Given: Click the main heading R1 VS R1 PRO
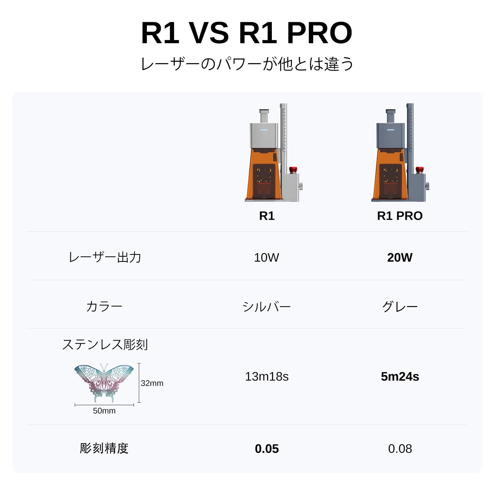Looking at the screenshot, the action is pos(247,33).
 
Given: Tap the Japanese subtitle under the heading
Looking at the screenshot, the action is pos(247,64).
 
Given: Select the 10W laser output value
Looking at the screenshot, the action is pos(267,258).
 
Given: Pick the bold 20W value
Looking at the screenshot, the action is pos(400,258).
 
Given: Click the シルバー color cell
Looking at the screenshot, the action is pos(267,307).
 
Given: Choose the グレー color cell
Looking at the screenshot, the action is pos(400,307).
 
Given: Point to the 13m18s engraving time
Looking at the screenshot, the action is pos(267,377).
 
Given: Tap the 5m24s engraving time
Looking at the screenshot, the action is pos(400,377).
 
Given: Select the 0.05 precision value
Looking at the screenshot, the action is pos(267,449).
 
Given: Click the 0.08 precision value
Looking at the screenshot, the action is pos(400,449).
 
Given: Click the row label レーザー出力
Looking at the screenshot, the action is pos(105,257).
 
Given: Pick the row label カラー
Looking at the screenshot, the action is pos(104,307).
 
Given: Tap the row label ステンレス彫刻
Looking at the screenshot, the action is pos(105,344).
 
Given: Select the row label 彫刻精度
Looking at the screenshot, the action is pos(104,448).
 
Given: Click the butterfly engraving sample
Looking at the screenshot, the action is pos(104,383).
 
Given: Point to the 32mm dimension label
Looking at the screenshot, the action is pos(152,383).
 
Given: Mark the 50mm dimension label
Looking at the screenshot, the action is pos(104,411).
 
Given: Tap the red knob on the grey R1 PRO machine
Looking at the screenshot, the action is pos(419,170).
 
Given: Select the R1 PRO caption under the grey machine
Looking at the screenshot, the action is pos(400,216).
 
